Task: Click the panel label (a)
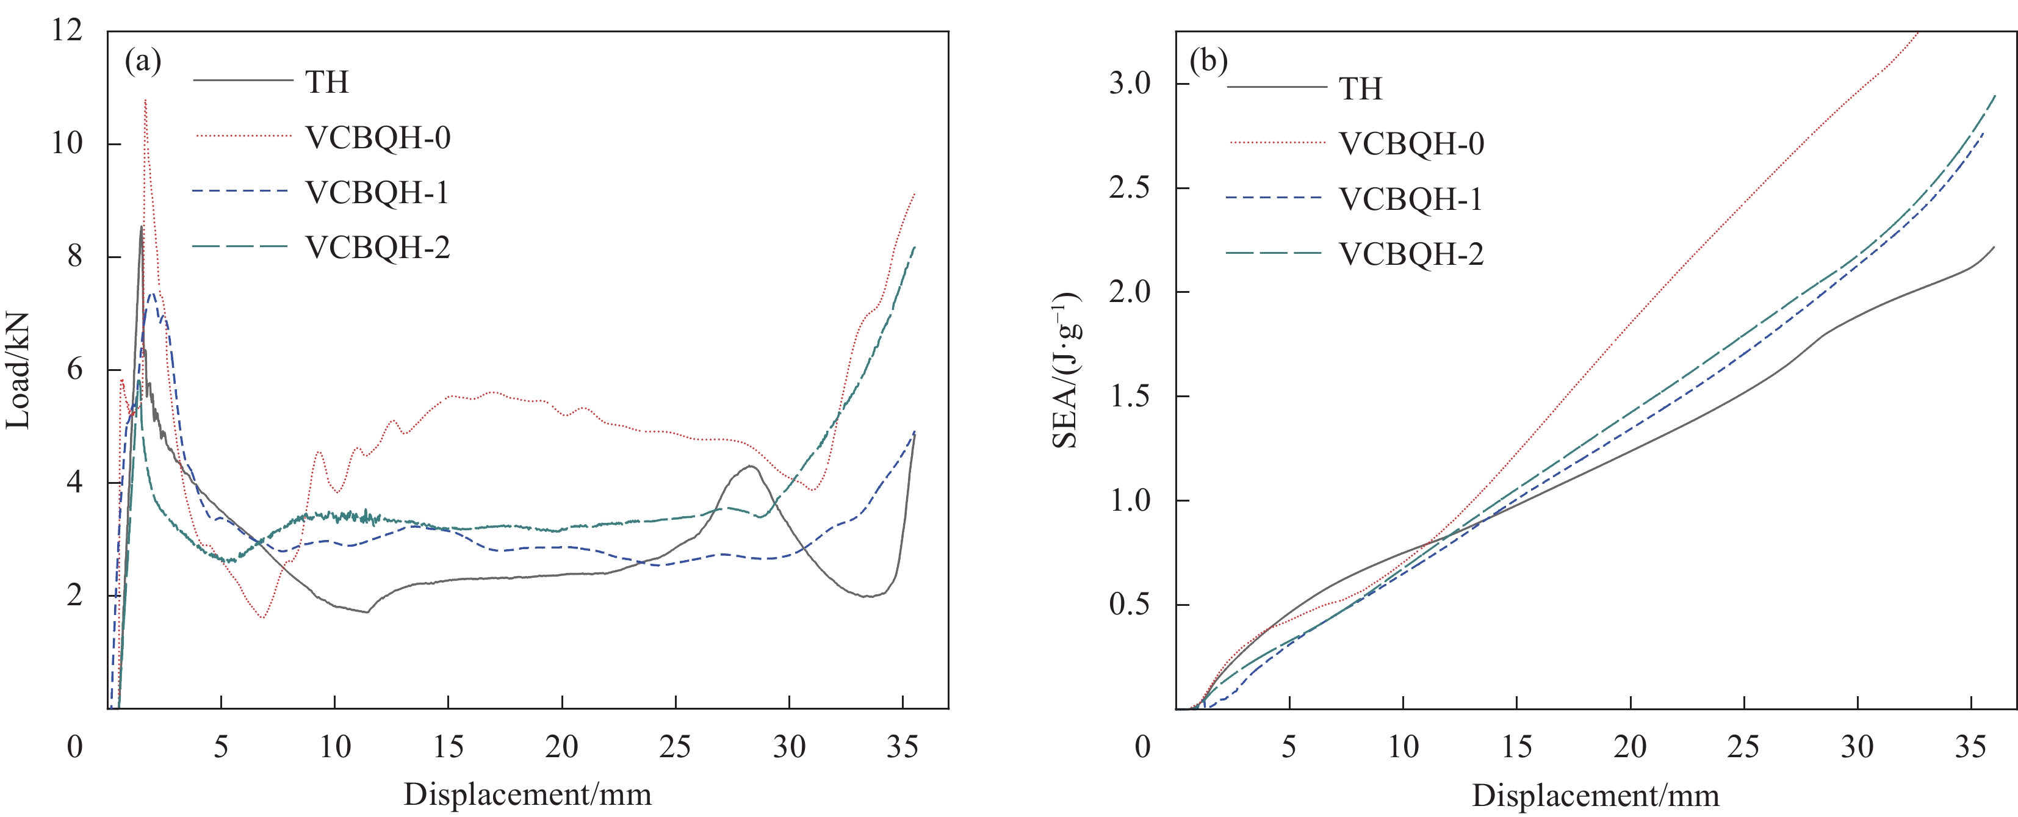pyautogui.click(x=143, y=61)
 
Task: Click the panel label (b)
pyautogui.click(x=1208, y=61)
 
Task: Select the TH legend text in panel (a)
pyautogui.click(x=326, y=82)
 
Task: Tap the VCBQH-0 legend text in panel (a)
pyautogui.click(x=378, y=137)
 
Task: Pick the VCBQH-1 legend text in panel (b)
pyautogui.click(x=1411, y=199)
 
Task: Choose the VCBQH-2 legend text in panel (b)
pyautogui.click(x=1411, y=254)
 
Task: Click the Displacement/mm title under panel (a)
pyautogui.click(x=527, y=794)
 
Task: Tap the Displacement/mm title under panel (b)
pyautogui.click(x=1596, y=795)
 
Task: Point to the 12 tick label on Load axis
pyautogui.click(x=67, y=31)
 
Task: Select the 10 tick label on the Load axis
pyautogui.click(x=67, y=143)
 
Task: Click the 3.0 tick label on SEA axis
pyautogui.click(x=1130, y=83)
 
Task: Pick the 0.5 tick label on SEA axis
pyautogui.click(x=1130, y=604)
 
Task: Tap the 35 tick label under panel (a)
pyautogui.click(x=903, y=746)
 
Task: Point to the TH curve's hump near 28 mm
pyautogui.click(x=751, y=467)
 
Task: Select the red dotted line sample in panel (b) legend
pyautogui.click(x=1277, y=143)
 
